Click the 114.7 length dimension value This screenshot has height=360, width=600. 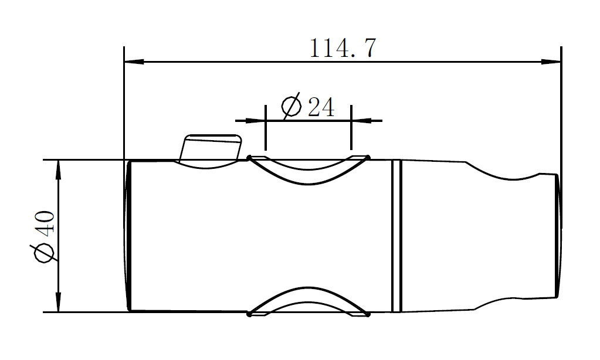[343, 48]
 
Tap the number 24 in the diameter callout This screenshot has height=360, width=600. [321, 107]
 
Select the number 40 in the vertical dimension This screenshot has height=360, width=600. [46, 222]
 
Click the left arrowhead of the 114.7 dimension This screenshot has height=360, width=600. [134, 62]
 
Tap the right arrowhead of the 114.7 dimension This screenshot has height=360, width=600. [551, 62]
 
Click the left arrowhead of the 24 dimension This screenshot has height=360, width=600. [255, 121]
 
